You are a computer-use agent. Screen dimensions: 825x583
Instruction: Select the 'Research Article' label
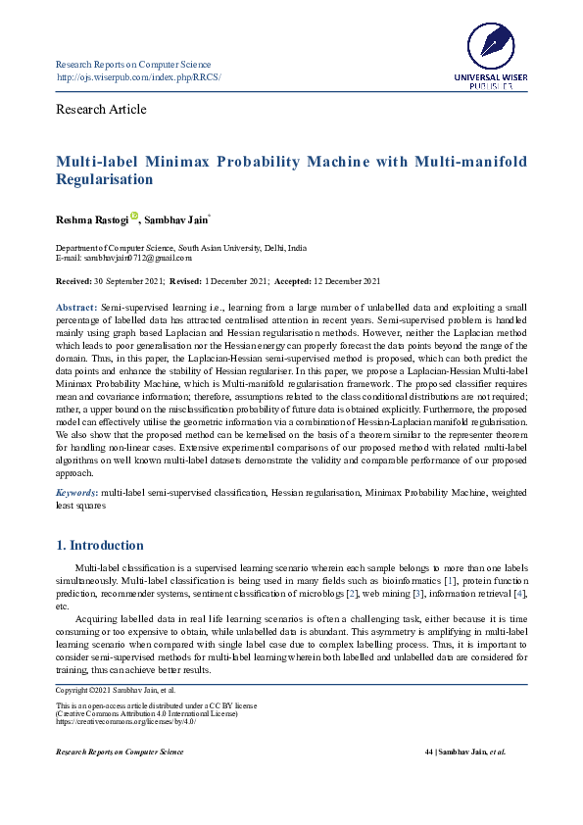click(x=102, y=109)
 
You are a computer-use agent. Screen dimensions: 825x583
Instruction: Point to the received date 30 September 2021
click(x=126, y=281)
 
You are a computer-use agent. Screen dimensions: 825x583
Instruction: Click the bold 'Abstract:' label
click(x=75, y=308)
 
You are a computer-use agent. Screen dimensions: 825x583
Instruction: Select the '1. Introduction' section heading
click(x=99, y=545)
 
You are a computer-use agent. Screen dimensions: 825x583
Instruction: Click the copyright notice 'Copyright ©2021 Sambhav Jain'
click(x=104, y=692)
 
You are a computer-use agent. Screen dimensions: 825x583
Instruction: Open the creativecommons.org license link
click(x=126, y=722)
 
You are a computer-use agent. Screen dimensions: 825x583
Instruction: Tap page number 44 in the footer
click(x=428, y=752)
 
